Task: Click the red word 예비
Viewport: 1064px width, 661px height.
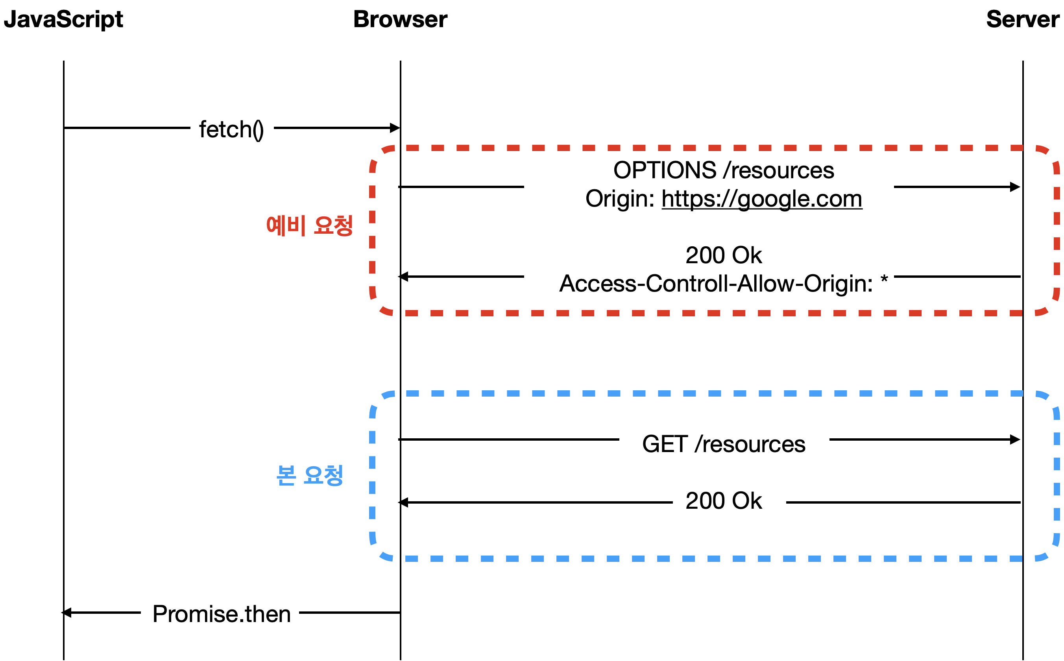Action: tap(286, 225)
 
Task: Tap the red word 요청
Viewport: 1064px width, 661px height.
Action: tap(334, 225)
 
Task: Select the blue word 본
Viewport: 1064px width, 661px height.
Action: tap(286, 475)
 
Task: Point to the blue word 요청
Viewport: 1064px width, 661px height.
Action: tap(323, 475)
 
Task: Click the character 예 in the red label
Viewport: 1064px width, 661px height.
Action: tap(276, 225)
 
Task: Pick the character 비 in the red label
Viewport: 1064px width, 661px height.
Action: tap(296, 225)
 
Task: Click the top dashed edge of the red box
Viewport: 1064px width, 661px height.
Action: tap(715, 148)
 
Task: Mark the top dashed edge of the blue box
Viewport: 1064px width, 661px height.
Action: tap(715, 393)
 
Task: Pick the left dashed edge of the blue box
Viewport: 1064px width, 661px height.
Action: tap(372, 476)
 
